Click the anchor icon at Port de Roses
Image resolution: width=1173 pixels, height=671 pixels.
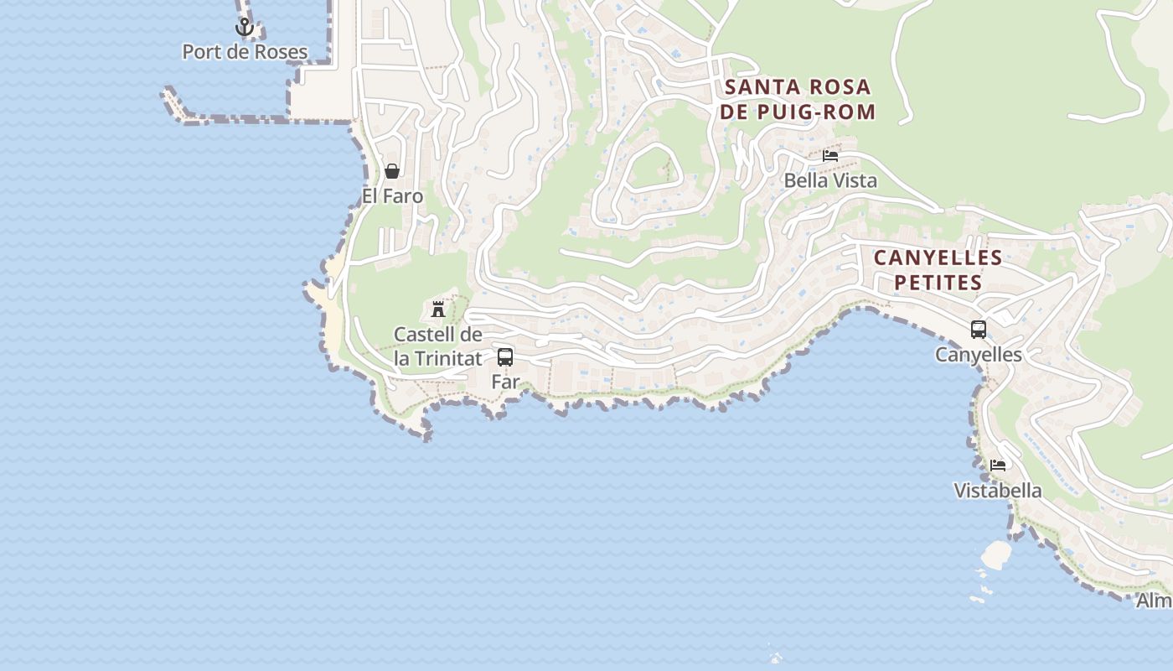click(244, 28)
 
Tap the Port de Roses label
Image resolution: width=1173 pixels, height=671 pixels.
click(245, 52)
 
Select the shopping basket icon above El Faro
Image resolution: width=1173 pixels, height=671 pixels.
click(391, 172)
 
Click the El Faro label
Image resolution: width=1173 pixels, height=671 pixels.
click(392, 196)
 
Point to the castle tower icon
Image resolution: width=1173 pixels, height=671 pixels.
click(437, 309)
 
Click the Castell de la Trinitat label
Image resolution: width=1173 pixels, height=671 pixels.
click(438, 346)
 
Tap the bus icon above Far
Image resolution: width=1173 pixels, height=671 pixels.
click(505, 357)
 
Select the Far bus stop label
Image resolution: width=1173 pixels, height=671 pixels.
click(505, 382)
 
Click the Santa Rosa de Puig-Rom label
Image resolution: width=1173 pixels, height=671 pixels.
click(798, 99)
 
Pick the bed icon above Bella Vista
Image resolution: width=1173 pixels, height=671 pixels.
click(830, 156)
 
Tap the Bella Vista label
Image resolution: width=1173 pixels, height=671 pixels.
click(830, 180)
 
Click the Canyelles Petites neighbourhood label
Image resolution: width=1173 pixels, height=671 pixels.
click(938, 270)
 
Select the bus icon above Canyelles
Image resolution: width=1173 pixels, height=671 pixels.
click(978, 330)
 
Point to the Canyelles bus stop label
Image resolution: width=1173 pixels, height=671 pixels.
click(978, 355)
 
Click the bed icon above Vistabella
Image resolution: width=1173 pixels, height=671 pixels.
click(997, 466)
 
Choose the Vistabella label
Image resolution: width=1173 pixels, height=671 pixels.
click(998, 491)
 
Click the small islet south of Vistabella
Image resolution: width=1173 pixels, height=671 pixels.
click(996, 554)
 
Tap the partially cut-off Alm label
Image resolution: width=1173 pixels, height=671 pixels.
click(1154, 601)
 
